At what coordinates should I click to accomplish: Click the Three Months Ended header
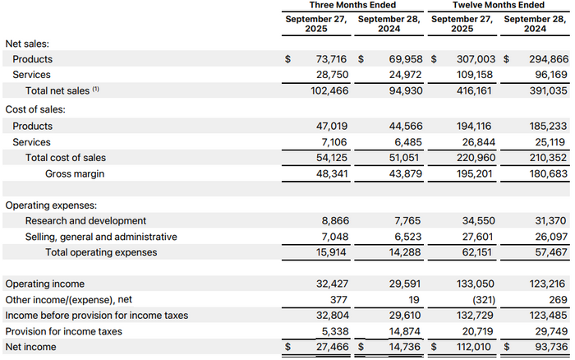[352, 6]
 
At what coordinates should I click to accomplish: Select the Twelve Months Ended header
[499, 6]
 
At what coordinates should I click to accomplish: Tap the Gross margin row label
[75, 173]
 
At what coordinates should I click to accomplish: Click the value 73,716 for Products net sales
[333, 59]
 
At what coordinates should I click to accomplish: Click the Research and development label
[85, 220]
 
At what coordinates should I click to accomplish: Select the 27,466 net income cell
[333, 348]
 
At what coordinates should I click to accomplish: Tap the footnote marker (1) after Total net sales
[95, 89]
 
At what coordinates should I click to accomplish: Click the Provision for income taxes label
[63, 331]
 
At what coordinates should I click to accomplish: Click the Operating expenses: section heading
[51, 205]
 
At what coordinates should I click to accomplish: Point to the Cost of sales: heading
[35, 109]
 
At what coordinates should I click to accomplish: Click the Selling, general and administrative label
[100, 236]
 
